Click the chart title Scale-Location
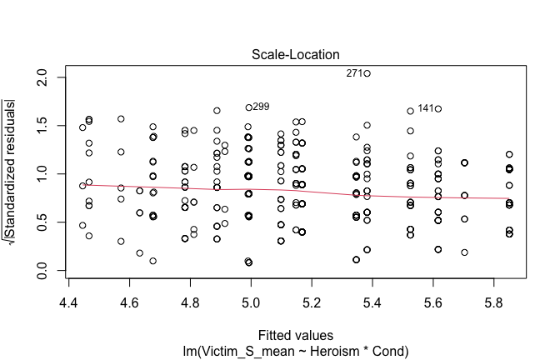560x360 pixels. pos(296,54)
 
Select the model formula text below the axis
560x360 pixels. pos(296,352)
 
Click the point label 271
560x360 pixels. pos(354,73)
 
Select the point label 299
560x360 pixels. pos(262,107)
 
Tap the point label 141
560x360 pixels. pos(425,108)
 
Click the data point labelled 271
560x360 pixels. pos(367,73)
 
